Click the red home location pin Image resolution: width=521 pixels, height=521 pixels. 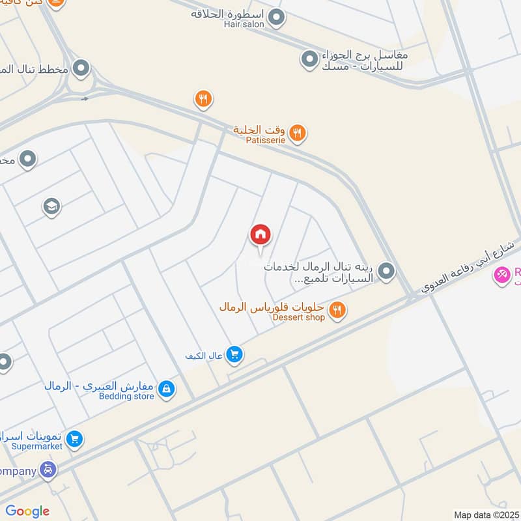tap(260, 235)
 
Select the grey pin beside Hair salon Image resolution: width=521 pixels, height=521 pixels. tap(277, 18)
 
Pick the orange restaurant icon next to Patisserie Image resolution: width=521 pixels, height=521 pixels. tap(298, 134)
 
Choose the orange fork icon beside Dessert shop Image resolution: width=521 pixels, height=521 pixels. tap(337, 310)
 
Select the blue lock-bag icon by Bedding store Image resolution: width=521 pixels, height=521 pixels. tap(167, 389)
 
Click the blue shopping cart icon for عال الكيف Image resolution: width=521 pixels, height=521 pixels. tap(235, 354)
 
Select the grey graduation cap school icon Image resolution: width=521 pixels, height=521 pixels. tap(51, 207)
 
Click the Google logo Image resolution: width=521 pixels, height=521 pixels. tap(27, 511)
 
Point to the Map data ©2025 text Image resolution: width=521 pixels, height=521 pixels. tap(486, 514)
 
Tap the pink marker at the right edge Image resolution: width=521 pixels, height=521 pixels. tap(501, 276)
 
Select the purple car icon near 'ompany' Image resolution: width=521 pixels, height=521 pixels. tap(47, 470)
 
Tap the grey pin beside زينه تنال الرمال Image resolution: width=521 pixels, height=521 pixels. tap(386, 272)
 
